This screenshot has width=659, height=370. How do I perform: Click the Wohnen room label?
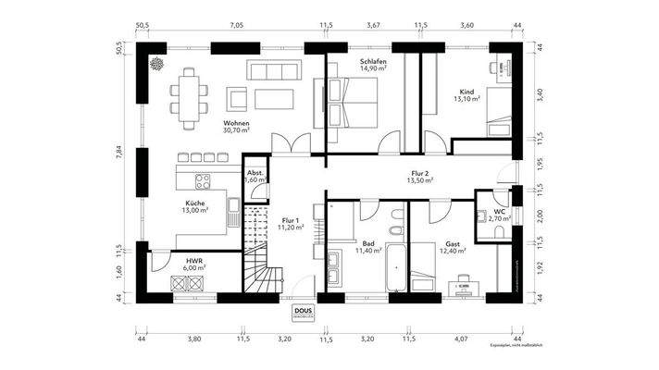[x=237, y=123]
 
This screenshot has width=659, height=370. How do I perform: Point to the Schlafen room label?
[x=372, y=62]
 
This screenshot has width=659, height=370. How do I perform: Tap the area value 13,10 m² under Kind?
[x=466, y=99]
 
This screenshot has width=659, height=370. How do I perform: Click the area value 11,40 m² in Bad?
[x=368, y=251]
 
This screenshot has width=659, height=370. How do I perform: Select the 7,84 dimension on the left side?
[x=118, y=152]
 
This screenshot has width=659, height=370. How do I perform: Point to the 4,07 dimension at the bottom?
[x=462, y=339]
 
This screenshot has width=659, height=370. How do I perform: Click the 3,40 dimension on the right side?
[x=541, y=92]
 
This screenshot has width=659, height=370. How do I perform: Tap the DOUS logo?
[x=303, y=313]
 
